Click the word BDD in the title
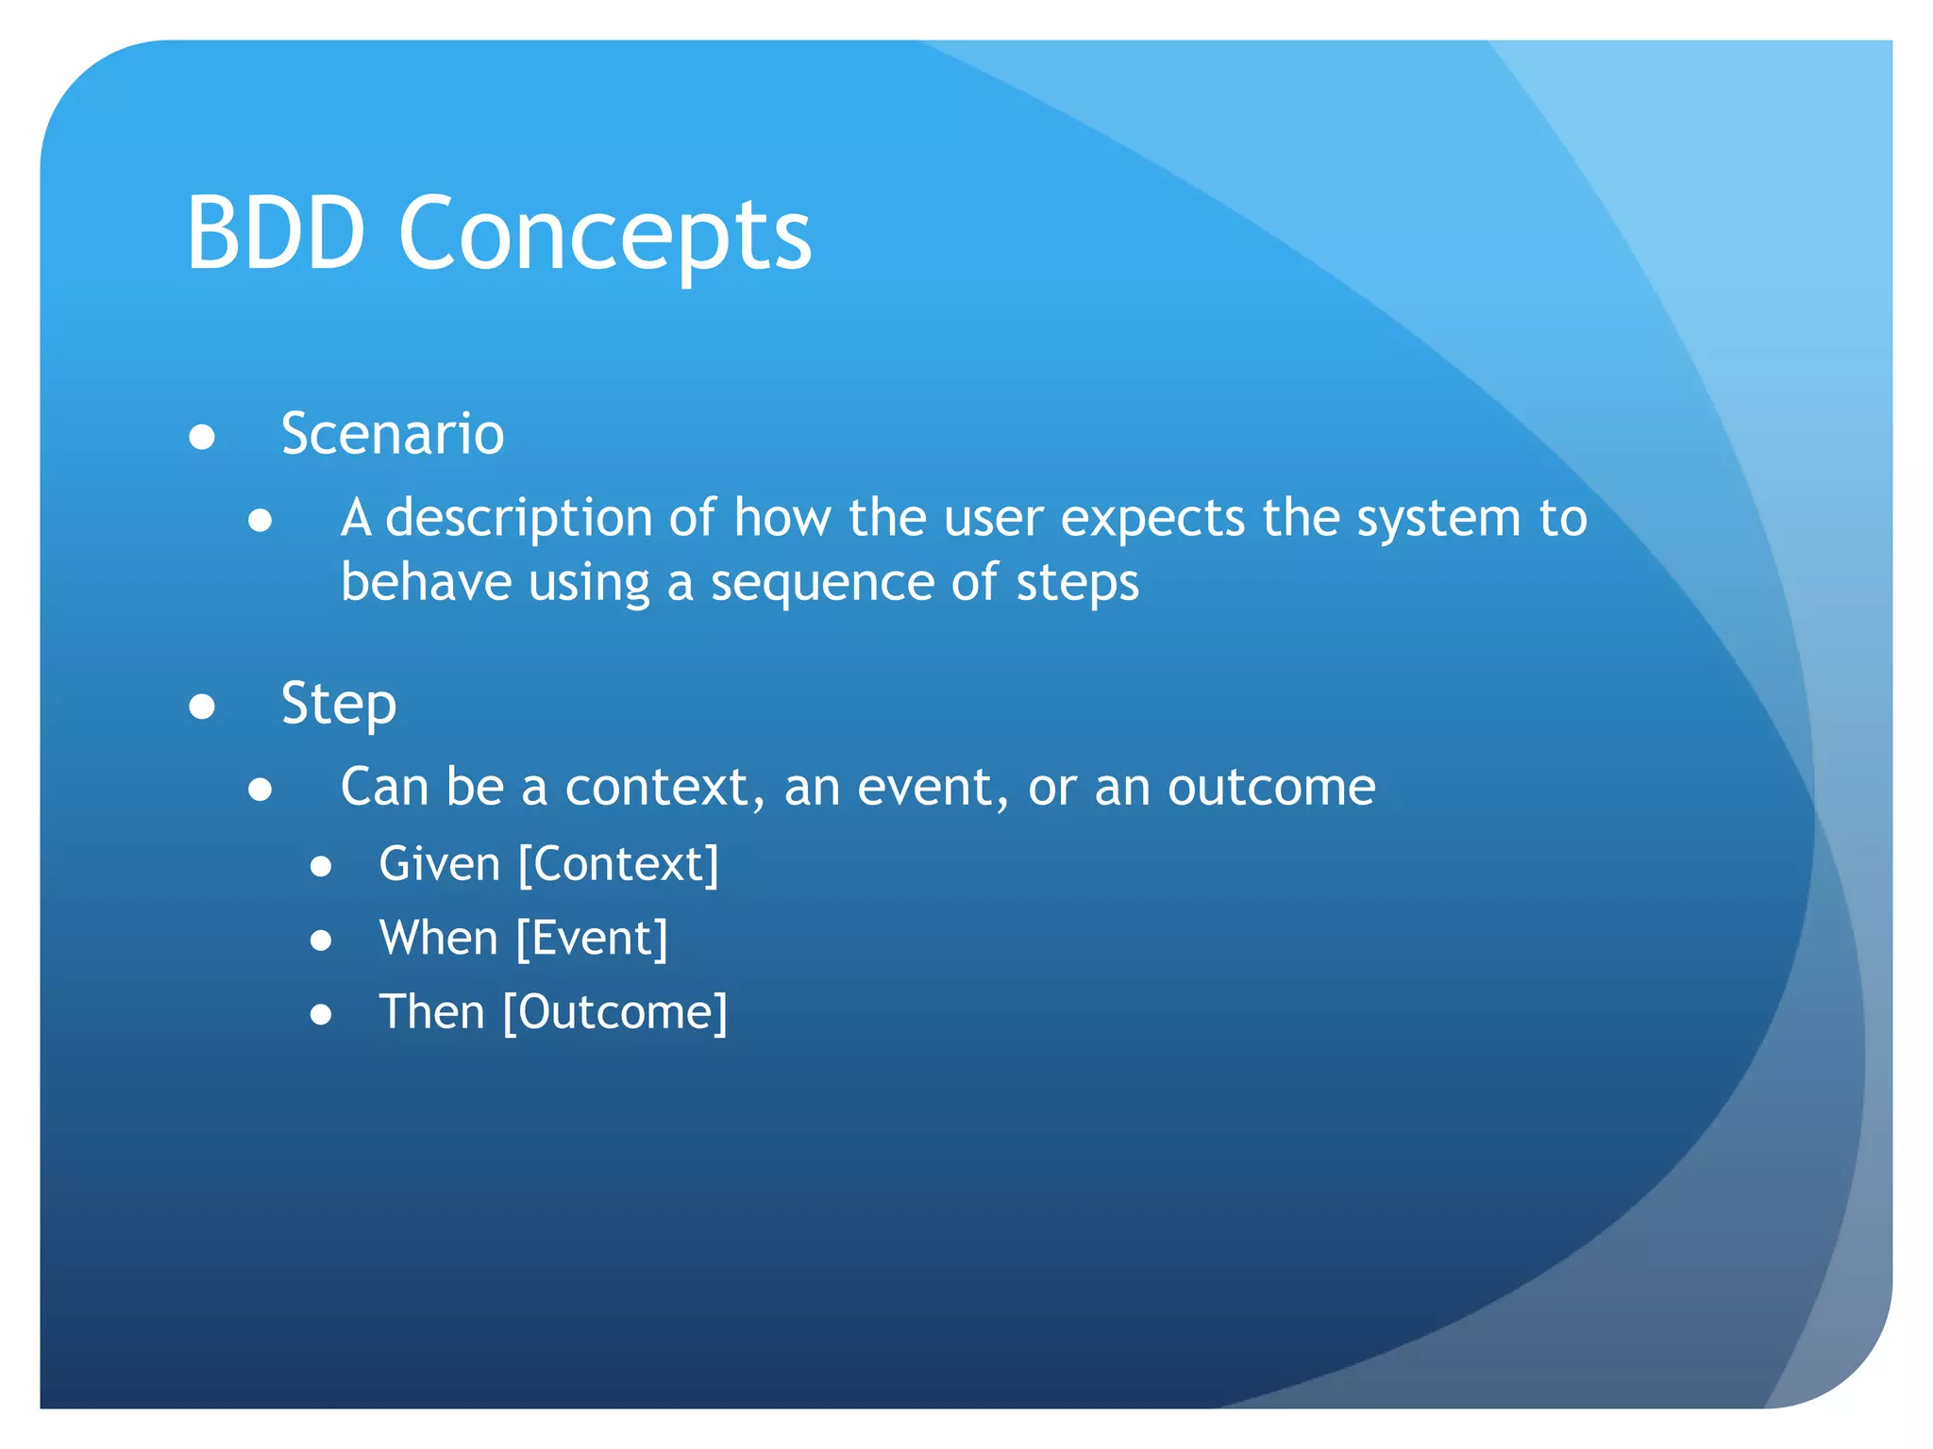276,233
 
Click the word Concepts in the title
604,236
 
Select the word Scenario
393,434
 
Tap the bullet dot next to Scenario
202,438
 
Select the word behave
426,582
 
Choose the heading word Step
339,705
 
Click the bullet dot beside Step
202,707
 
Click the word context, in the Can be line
664,788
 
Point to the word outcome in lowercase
1271,788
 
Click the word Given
439,865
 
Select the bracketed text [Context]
619,865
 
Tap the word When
438,939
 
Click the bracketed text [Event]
592,939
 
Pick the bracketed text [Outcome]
615,1013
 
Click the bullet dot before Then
321,1015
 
